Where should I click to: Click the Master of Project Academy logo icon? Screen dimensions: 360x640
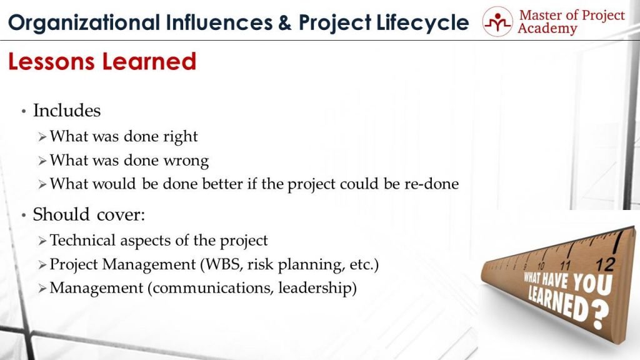coord(496,22)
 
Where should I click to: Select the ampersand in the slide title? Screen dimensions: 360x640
coord(284,22)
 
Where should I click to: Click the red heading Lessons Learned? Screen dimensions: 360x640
coord(102,61)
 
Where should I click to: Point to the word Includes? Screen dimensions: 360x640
coord(66,111)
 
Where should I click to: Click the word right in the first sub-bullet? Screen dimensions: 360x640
coord(180,136)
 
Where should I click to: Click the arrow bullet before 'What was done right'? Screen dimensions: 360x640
coord(42,137)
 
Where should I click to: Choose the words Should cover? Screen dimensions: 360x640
coord(89,214)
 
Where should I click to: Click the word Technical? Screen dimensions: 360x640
coord(79,240)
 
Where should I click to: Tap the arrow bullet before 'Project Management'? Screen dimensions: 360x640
coord(42,265)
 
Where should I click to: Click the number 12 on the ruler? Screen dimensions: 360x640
coord(605,261)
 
